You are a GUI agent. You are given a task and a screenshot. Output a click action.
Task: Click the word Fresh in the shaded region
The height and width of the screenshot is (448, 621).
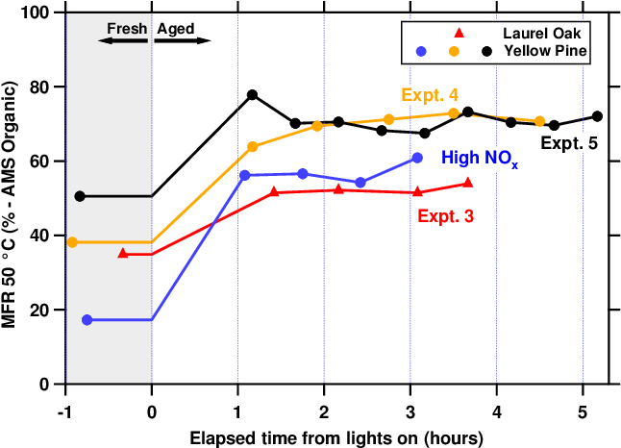click(x=128, y=29)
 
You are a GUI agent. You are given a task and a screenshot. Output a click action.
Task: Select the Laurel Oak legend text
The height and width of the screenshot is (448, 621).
click(x=545, y=32)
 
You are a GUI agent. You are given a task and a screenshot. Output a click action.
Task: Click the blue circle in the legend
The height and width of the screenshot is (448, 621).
click(x=421, y=50)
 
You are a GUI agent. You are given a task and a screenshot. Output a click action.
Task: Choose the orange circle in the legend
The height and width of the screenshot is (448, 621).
click(x=454, y=50)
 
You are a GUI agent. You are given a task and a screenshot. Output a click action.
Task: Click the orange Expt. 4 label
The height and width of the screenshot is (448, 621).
click(x=430, y=94)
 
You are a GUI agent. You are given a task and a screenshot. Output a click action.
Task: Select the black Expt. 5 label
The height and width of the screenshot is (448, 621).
click(x=568, y=143)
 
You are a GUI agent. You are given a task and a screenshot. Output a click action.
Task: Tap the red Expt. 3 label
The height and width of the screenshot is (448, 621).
click(x=445, y=217)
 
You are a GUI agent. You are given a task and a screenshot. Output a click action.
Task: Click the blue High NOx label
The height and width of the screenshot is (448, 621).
click(x=479, y=158)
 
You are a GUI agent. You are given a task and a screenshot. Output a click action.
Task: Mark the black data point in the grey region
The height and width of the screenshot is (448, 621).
click(x=80, y=196)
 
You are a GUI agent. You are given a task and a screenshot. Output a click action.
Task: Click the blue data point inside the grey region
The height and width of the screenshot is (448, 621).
click(x=87, y=319)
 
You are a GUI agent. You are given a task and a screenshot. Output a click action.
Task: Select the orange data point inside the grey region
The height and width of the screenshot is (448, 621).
click(x=72, y=242)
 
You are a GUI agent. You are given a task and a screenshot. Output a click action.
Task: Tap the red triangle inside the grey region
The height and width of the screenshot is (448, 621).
click(x=123, y=253)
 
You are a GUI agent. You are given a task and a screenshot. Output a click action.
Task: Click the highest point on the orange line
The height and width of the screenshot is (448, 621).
click(x=454, y=113)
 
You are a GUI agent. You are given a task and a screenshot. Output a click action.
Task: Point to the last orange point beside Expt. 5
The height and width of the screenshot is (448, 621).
click(x=539, y=121)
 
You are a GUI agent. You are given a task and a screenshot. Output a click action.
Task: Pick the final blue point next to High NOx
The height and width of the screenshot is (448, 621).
click(x=417, y=158)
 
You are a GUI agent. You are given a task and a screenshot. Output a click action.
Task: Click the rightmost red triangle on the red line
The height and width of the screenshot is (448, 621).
click(x=468, y=182)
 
